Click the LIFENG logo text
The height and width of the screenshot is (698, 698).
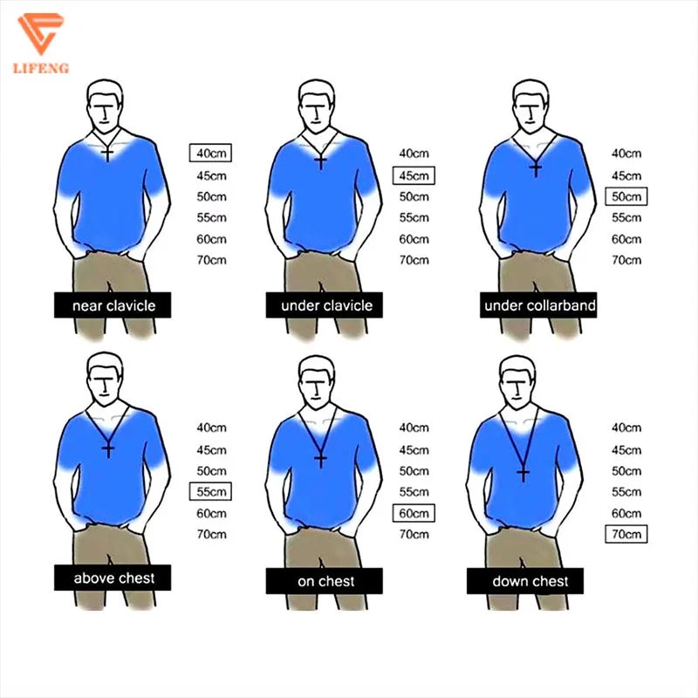point(41,68)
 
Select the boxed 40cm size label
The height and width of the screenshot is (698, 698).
point(210,154)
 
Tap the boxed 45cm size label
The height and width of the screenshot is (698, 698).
point(414,175)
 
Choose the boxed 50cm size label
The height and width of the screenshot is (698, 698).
point(626,196)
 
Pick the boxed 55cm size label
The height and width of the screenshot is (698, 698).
point(210,491)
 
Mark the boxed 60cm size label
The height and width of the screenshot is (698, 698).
point(414,513)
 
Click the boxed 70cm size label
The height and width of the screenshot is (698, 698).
point(626,534)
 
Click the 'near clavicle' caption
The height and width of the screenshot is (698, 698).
point(114,306)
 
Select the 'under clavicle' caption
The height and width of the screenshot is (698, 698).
point(326,305)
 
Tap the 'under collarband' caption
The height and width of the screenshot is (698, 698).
point(539,305)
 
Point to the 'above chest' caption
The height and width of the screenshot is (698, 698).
point(114,578)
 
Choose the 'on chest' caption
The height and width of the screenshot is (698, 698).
point(325,581)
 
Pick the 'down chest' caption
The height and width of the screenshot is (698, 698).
point(530,581)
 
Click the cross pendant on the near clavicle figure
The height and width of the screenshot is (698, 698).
point(107,154)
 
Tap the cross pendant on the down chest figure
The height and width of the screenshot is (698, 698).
point(523,474)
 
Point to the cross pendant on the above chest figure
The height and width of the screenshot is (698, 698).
point(108,449)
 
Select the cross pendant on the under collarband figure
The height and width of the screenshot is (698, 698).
point(536,168)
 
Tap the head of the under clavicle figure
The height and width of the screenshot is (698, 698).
point(317,106)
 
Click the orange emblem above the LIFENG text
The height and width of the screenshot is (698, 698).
point(40,33)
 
